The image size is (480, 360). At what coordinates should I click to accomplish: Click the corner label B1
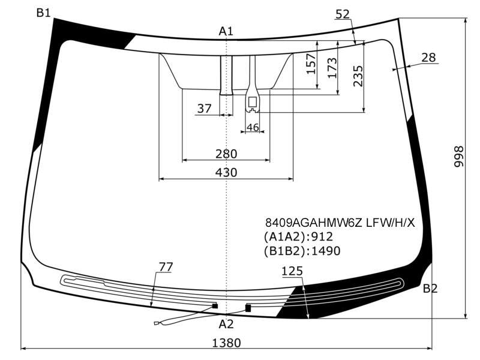pos(43,13)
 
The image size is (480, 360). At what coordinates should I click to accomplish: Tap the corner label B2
pos(430,289)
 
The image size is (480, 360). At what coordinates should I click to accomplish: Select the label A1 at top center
pos(226,31)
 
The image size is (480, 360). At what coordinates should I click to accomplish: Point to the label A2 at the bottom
pos(226,324)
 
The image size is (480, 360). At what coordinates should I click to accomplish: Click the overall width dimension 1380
pos(227,343)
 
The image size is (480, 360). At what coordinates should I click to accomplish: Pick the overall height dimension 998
pos(458,157)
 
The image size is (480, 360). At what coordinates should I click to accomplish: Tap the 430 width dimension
pos(226,173)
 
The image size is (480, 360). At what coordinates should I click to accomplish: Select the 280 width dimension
pos(226,154)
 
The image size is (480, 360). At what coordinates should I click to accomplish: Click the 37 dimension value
pos(204,109)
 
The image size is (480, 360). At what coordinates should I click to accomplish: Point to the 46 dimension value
pos(253,127)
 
